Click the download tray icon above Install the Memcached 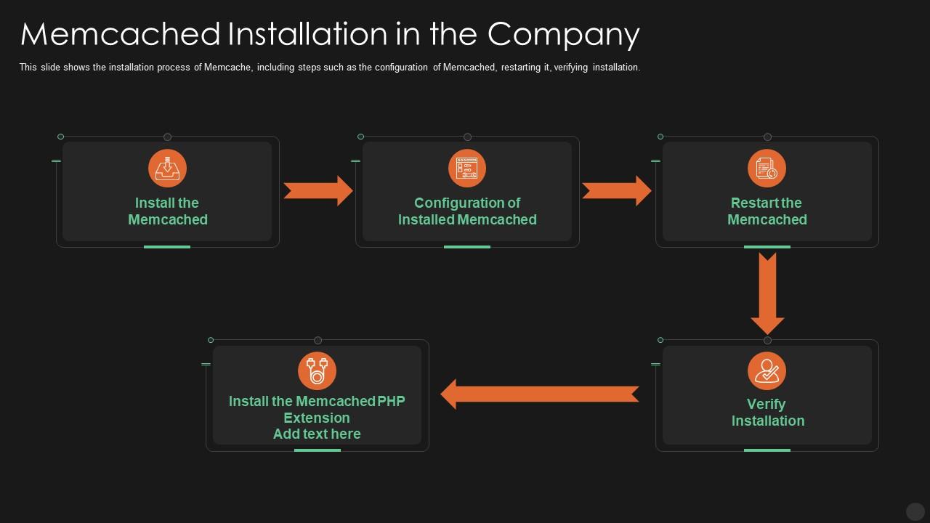pyautogui.click(x=167, y=169)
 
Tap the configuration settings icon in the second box pyautogui.click(x=466, y=169)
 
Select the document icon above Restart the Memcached pyautogui.click(x=767, y=169)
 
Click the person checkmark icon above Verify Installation pyautogui.click(x=767, y=370)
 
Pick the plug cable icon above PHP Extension pyautogui.click(x=317, y=370)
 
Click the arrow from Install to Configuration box pyautogui.click(x=318, y=191)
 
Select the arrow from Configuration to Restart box pyautogui.click(x=617, y=191)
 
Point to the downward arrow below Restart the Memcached pyautogui.click(x=767, y=293)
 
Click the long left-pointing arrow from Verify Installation pyautogui.click(x=539, y=394)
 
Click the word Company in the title pyautogui.click(x=564, y=34)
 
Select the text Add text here pyautogui.click(x=317, y=434)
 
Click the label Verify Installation pyautogui.click(x=767, y=413)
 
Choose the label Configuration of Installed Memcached pyautogui.click(x=466, y=211)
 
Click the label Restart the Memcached pyautogui.click(x=767, y=211)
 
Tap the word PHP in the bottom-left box pyautogui.click(x=392, y=401)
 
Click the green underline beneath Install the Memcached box pyautogui.click(x=167, y=247)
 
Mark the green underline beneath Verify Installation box pyautogui.click(x=767, y=450)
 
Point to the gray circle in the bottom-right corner pyautogui.click(x=915, y=511)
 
